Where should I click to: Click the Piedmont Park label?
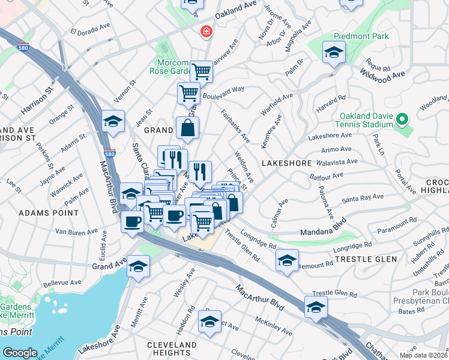point(363,36)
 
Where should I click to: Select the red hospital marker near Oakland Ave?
point(206,31)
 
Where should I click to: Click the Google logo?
point(20,352)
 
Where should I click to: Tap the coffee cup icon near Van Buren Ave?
point(132,221)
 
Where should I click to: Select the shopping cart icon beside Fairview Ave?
point(202,72)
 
